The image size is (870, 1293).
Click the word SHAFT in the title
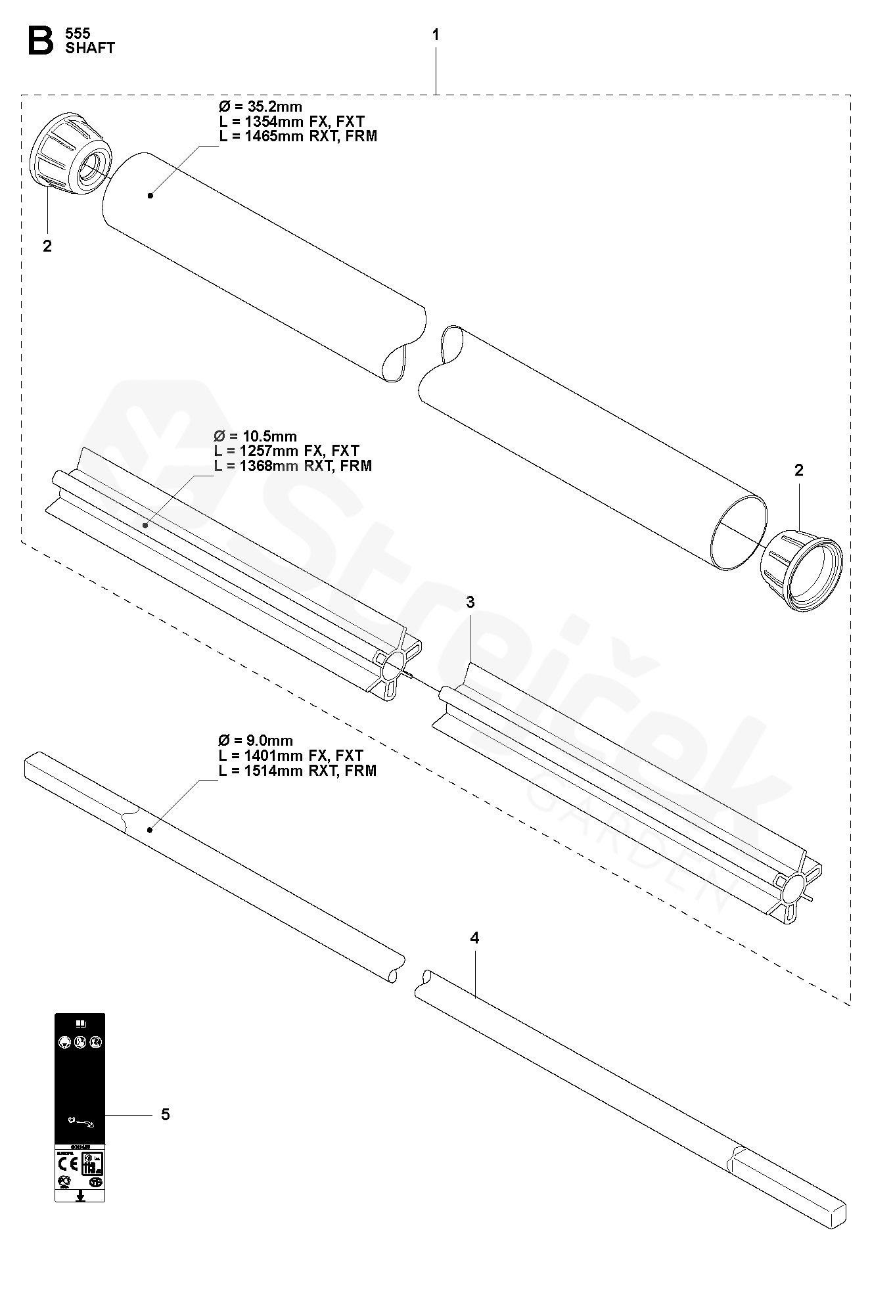90,48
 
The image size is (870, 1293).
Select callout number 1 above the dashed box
436,35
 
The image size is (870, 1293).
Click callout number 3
470,602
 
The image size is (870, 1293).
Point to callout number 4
474,938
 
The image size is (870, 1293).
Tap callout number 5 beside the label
165,1114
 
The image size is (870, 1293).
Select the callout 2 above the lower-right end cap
798,470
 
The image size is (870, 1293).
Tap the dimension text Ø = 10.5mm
256,436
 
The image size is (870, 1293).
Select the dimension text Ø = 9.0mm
256,741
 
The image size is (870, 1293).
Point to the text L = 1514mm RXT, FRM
298,771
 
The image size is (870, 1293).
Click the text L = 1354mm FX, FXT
291,122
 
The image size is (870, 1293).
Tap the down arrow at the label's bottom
80,1196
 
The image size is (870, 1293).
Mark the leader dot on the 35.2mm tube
150,195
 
